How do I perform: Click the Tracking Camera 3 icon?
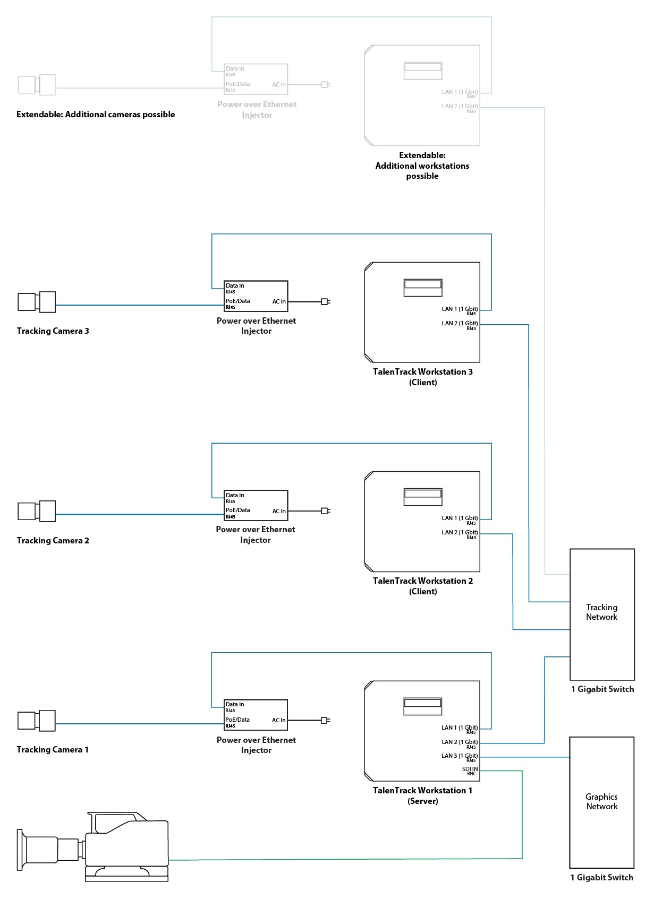point(37,302)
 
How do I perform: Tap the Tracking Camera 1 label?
point(52,749)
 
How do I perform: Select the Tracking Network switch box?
point(602,614)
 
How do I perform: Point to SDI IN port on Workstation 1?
point(470,769)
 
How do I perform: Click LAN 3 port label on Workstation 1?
point(460,756)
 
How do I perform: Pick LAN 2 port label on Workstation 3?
point(460,324)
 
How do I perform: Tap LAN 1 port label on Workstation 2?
point(460,518)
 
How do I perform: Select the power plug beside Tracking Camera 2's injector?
point(325,511)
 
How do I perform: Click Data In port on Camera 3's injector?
point(235,286)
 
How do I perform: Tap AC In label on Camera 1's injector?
point(278,720)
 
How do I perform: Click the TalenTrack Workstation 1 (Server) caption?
point(422,795)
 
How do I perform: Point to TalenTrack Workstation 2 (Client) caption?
point(422,586)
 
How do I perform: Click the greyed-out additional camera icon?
point(37,85)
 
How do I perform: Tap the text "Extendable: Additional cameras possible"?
point(96,115)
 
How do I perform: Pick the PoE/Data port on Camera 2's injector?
point(237,510)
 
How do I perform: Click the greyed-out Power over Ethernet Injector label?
point(257,110)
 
